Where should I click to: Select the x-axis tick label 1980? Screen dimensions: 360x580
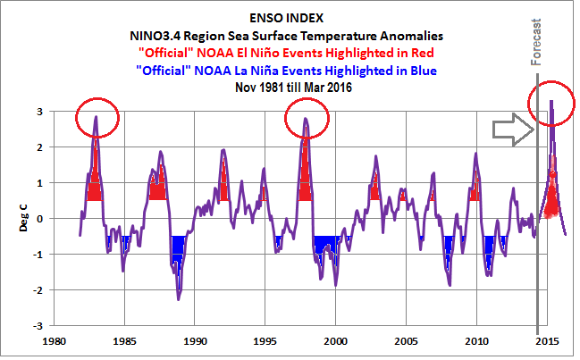(x=55, y=341)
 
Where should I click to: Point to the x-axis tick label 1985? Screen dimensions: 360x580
(x=125, y=341)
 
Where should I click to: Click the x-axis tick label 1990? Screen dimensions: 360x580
(x=196, y=341)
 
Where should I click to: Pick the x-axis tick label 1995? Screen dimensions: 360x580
(x=265, y=341)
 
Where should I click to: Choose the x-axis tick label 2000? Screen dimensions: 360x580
(x=336, y=341)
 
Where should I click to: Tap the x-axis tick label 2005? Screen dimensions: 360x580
(x=407, y=341)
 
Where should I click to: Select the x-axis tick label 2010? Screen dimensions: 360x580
(x=476, y=341)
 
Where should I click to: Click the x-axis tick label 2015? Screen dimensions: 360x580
(x=547, y=341)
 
